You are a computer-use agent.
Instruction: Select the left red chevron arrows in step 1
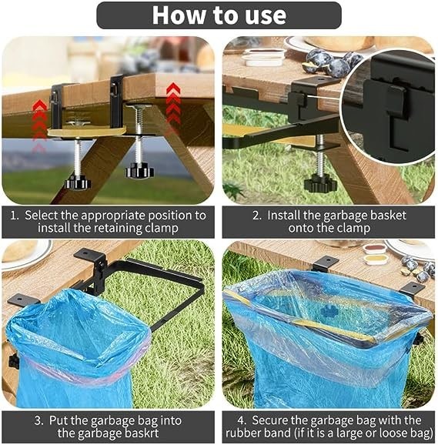tap(39, 124)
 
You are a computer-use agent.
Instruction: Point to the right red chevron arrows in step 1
tap(173, 105)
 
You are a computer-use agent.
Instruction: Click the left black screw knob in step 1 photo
tap(77, 182)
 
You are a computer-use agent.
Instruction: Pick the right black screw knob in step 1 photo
tap(139, 170)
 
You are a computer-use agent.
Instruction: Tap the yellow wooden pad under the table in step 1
tap(86, 132)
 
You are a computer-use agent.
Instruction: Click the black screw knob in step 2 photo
tap(320, 182)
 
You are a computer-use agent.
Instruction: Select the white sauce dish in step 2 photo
tap(264, 57)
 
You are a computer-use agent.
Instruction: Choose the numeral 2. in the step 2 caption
tap(257, 216)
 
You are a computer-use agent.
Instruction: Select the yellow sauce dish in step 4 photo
tap(376, 259)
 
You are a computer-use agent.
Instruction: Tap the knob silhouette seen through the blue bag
tap(329, 312)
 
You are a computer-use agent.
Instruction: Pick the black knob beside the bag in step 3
tap(14, 361)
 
